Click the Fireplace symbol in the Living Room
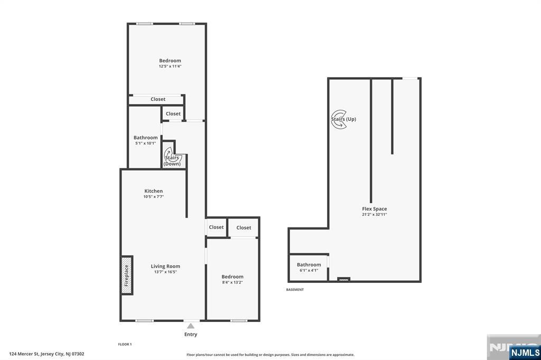(x=127, y=275)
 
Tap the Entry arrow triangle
(x=190, y=326)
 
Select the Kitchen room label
(x=154, y=191)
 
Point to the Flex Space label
(x=375, y=209)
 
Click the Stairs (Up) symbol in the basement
(x=339, y=119)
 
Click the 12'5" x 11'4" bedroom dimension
(x=170, y=66)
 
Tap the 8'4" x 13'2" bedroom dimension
(x=232, y=282)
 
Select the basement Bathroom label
(x=309, y=265)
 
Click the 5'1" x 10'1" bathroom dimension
(x=146, y=143)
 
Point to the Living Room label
(x=165, y=266)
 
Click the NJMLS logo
(x=525, y=353)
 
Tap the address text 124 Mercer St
(x=24, y=354)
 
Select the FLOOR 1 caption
(x=125, y=344)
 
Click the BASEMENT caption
(x=295, y=290)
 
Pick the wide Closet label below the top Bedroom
(x=158, y=99)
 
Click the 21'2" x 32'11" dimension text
(x=375, y=214)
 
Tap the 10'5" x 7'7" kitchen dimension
(x=154, y=197)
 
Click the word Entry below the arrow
(x=191, y=334)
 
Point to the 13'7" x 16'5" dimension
(x=165, y=272)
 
